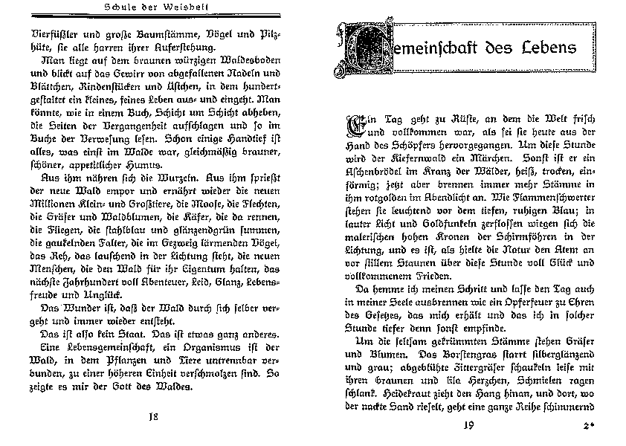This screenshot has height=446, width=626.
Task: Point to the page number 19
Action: click(x=467, y=425)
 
